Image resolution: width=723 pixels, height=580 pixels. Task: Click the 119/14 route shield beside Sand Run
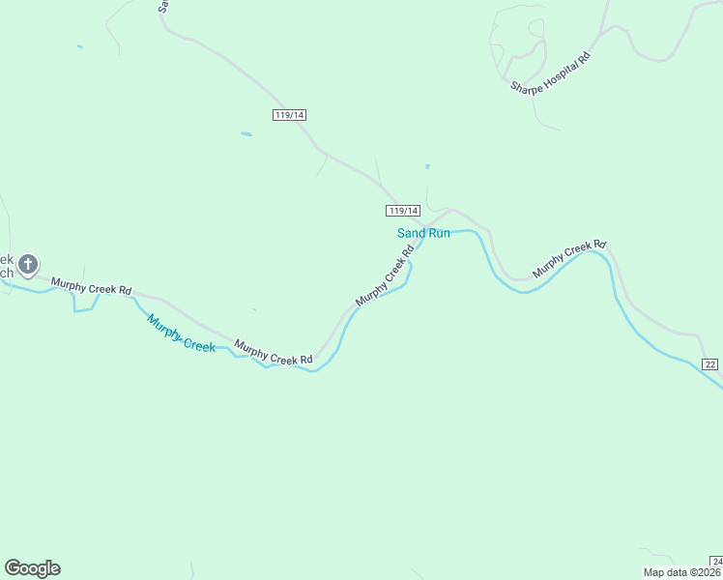(403, 211)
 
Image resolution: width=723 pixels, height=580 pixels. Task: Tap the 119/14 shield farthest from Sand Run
(290, 115)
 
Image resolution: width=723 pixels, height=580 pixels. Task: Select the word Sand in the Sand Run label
(411, 233)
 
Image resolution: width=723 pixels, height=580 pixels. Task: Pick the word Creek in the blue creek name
(200, 344)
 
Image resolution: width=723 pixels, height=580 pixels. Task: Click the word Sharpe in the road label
(527, 86)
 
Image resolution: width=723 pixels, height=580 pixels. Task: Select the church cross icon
(28, 263)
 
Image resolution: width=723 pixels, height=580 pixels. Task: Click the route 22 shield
(710, 363)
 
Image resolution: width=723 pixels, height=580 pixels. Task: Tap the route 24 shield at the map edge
(716, 562)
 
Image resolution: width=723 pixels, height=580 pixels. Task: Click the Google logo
(32, 568)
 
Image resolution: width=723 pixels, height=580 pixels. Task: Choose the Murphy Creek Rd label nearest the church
(91, 286)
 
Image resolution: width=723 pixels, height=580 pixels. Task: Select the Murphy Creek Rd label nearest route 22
(568, 260)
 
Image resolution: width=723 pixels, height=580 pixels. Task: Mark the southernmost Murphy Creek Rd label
(274, 353)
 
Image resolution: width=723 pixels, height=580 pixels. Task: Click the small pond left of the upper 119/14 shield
(246, 134)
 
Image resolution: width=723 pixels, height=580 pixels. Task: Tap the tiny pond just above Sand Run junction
(426, 166)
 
